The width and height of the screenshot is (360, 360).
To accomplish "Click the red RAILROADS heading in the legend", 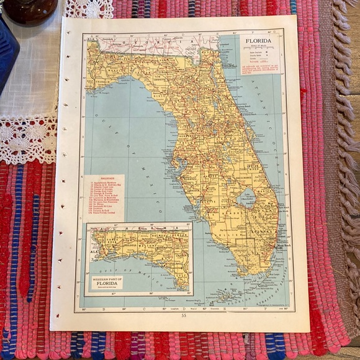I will (x=103, y=176).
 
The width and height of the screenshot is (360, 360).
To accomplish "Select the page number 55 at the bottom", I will (x=183, y=315).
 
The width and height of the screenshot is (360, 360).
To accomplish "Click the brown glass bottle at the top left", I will (x=29, y=10).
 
